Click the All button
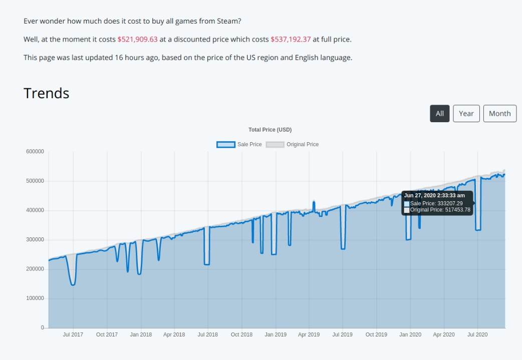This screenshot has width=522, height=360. click(x=439, y=114)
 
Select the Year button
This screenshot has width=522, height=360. click(x=466, y=114)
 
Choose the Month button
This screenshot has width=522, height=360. click(x=499, y=114)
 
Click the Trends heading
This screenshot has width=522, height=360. click(x=47, y=93)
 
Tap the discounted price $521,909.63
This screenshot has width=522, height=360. click(x=137, y=39)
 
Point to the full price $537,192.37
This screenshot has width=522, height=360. click(x=291, y=39)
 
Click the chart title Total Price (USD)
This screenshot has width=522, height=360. click(x=270, y=130)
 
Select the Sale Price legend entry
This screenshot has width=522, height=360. click(x=239, y=144)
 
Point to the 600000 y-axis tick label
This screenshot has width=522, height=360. click(x=35, y=152)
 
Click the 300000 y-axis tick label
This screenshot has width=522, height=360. click(x=35, y=240)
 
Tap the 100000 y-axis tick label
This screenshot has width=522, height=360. click(x=35, y=298)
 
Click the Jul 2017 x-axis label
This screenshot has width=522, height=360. click(x=73, y=334)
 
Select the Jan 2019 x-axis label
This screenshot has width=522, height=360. click(x=276, y=334)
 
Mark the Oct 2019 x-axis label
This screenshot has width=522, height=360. click(x=376, y=334)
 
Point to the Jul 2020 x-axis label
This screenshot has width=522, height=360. click(x=477, y=334)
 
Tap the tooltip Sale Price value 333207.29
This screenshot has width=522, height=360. click(x=449, y=203)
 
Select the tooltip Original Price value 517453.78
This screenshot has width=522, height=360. click(x=457, y=210)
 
